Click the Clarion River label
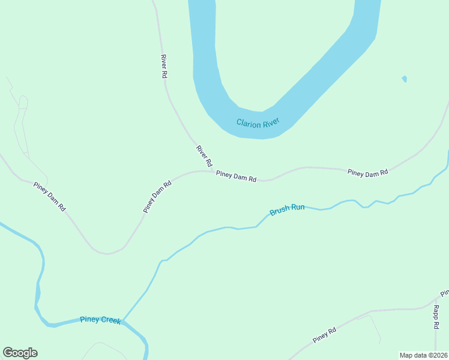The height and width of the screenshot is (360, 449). click(258, 124)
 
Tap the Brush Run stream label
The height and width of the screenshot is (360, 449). click(287, 209)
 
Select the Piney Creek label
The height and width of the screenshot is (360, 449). click(100, 320)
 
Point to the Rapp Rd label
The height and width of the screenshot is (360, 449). click(436, 317)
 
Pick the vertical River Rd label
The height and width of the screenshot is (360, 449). click(163, 67)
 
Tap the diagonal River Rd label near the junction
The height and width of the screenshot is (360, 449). click(204, 156)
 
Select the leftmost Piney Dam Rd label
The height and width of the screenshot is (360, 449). click(49, 196)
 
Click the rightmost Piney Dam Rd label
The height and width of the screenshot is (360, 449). click(367, 173)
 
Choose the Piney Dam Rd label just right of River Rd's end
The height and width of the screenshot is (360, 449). click(237, 176)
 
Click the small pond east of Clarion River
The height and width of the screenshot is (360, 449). click(405, 79)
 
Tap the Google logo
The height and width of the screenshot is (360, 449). click(20, 353)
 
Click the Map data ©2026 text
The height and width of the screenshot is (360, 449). click(423, 355)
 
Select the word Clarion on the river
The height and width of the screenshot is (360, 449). click(249, 123)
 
